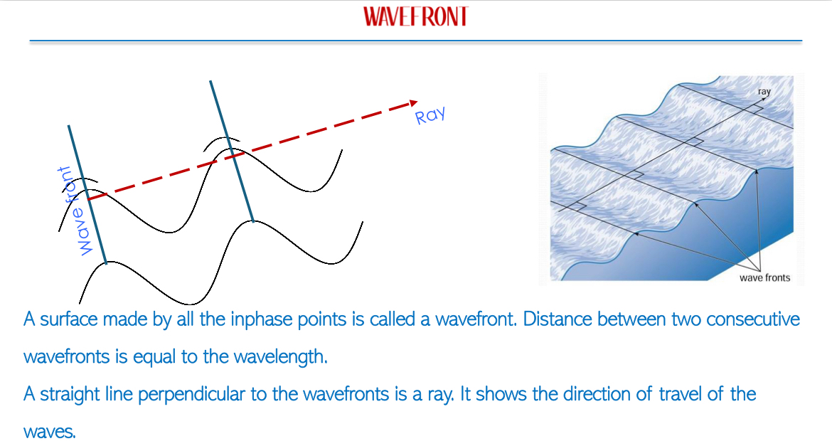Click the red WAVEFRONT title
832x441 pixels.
(x=416, y=16)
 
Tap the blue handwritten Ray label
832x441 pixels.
(x=430, y=115)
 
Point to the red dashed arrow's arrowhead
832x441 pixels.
(x=412, y=103)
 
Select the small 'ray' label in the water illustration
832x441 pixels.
(x=764, y=91)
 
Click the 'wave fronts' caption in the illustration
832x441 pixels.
(x=764, y=277)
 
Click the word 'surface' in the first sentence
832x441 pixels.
(x=68, y=319)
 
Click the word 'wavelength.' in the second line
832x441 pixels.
(x=281, y=356)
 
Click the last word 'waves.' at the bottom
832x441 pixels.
(x=49, y=432)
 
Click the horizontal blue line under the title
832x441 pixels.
(x=415, y=41)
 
